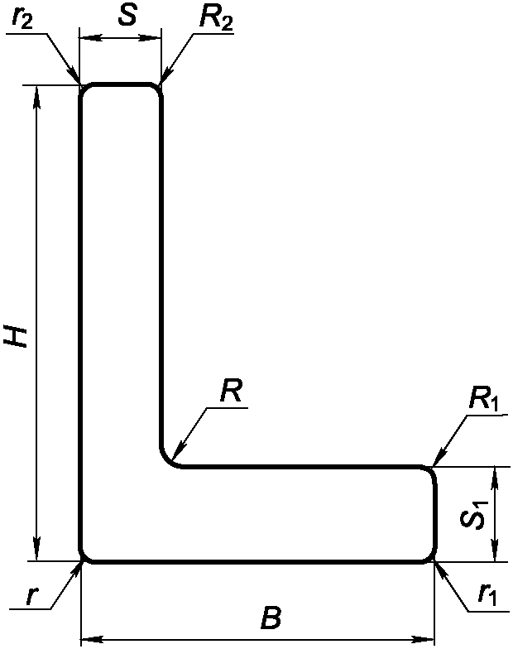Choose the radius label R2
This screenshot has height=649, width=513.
tap(214, 19)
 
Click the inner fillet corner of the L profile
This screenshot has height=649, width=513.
tap(168, 459)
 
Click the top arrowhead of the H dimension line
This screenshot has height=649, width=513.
tap(36, 91)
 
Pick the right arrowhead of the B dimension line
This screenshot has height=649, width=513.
tap(428, 639)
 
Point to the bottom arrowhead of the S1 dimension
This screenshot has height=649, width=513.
tap(494, 555)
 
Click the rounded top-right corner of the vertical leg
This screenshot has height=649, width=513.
tap(156, 88)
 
